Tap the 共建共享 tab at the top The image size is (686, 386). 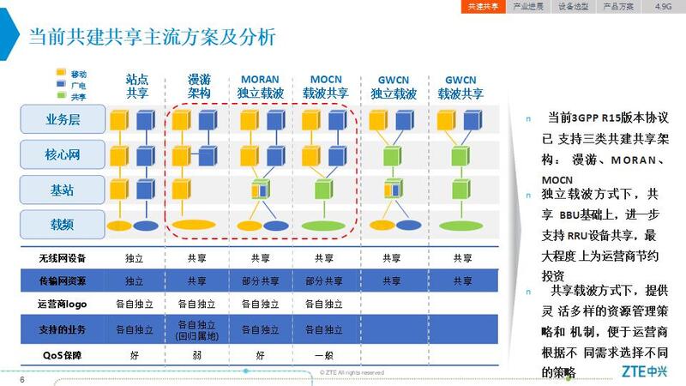[483, 6]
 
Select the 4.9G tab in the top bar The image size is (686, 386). [664, 6]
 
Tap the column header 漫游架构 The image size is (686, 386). [199, 85]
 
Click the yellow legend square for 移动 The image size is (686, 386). [61, 74]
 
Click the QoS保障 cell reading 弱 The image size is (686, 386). [198, 354]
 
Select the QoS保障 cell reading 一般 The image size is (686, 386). [323, 354]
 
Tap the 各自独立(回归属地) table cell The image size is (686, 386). [198, 329]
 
